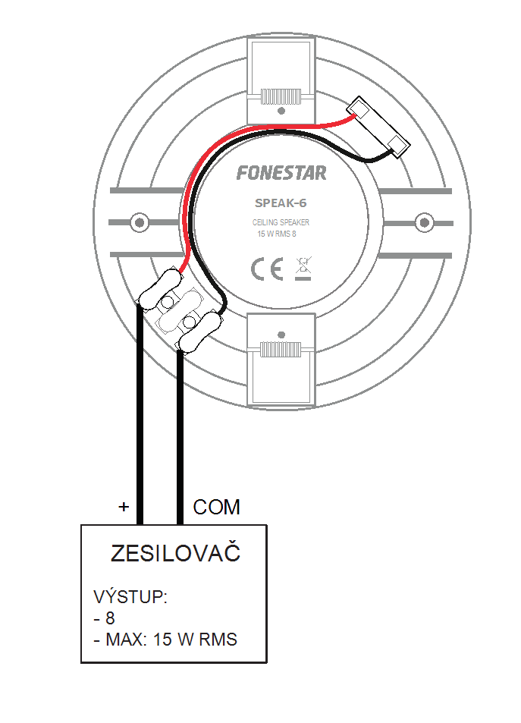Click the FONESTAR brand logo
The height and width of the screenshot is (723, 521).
point(281,173)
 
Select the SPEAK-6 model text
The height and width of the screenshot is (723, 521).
point(281,203)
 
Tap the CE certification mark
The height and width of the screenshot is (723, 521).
point(267,269)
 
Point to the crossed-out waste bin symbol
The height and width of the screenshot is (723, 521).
point(303,269)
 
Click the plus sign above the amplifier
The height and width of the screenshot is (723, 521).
point(124,507)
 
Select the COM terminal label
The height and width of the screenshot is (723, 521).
point(216,508)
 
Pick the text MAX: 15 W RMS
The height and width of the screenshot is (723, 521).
point(171,640)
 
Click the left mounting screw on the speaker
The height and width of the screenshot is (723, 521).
point(140,223)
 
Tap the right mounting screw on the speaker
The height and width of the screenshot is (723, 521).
point(424,223)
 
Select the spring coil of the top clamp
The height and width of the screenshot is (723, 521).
point(281,97)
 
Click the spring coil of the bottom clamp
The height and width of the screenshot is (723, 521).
point(281,350)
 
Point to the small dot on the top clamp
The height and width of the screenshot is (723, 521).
point(281,111)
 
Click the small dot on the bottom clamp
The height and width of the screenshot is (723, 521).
point(281,335)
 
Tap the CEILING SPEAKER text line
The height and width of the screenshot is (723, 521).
point(281,222)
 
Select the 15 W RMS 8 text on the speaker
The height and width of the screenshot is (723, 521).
point(277,234)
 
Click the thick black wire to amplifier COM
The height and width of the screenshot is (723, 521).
point(180,437)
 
